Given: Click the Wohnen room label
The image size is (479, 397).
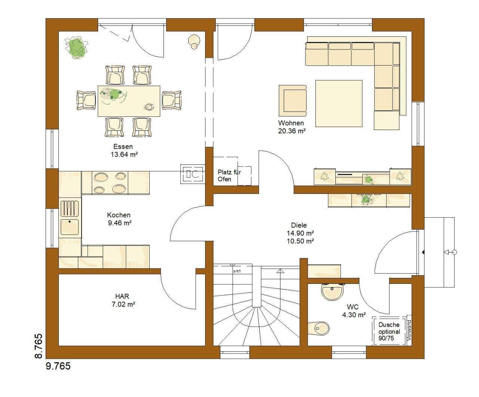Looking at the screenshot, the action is coord(291,123).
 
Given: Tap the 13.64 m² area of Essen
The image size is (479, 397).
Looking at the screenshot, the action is coord(124,155).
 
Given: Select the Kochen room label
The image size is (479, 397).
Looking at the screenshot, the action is coord(119,215).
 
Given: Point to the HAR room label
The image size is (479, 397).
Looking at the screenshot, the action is coord(122,296).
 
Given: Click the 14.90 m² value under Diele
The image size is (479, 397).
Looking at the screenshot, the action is coord(300,233).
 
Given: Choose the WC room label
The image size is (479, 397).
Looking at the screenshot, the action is coord(353,307).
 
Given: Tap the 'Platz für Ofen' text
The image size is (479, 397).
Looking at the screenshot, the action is coord(229,175).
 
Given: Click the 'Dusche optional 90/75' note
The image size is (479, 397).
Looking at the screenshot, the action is coord(389,331).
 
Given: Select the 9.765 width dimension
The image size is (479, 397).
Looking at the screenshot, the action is coord(58,366).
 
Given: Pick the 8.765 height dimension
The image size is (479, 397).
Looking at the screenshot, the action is coord(39,346).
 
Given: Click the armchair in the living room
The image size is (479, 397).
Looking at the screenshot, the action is coord(293,101).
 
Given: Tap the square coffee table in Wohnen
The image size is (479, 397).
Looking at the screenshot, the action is coord(339,103).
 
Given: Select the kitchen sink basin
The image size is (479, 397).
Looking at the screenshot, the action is coord(70,227).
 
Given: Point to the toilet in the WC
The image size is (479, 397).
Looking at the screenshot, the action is coord(318,328).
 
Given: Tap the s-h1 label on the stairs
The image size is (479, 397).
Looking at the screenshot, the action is coord(237,271).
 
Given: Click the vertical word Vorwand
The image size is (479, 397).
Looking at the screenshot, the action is coord(409,330).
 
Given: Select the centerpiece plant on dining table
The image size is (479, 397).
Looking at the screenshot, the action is coord(113,94).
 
